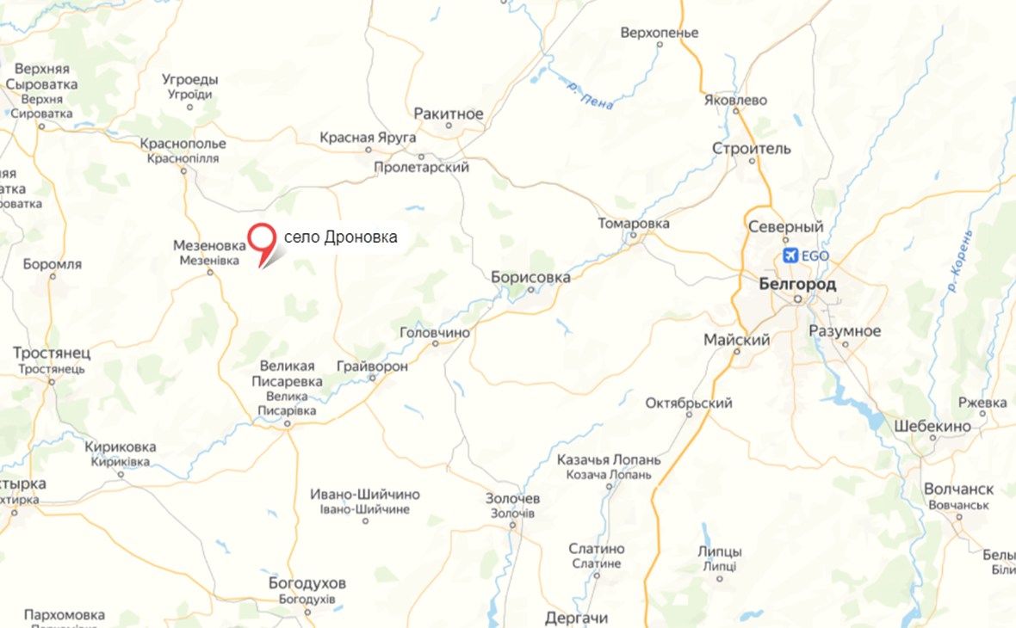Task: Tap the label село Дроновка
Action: [x=340, y=237]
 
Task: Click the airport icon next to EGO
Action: [x=790, y=256]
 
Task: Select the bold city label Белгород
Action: [x=797, y=284]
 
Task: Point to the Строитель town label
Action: [x=751, y=149]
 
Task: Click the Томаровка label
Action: [x=634, y=224]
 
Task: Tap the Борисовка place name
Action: [x=530, y=277]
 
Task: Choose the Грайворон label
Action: [x=373, y=366]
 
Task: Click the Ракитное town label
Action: [x=449, y=114]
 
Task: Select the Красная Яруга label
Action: [x=368, y=138]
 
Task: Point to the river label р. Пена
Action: [x=591, y=95]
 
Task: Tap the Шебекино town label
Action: [x=932, y=426]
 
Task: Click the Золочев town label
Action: [x=512, y=499]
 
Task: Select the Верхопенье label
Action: [x=659, y=34]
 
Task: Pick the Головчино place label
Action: [x=436, y=332]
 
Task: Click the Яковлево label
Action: [x=734, y=100]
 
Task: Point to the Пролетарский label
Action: [x=422, y=168]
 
